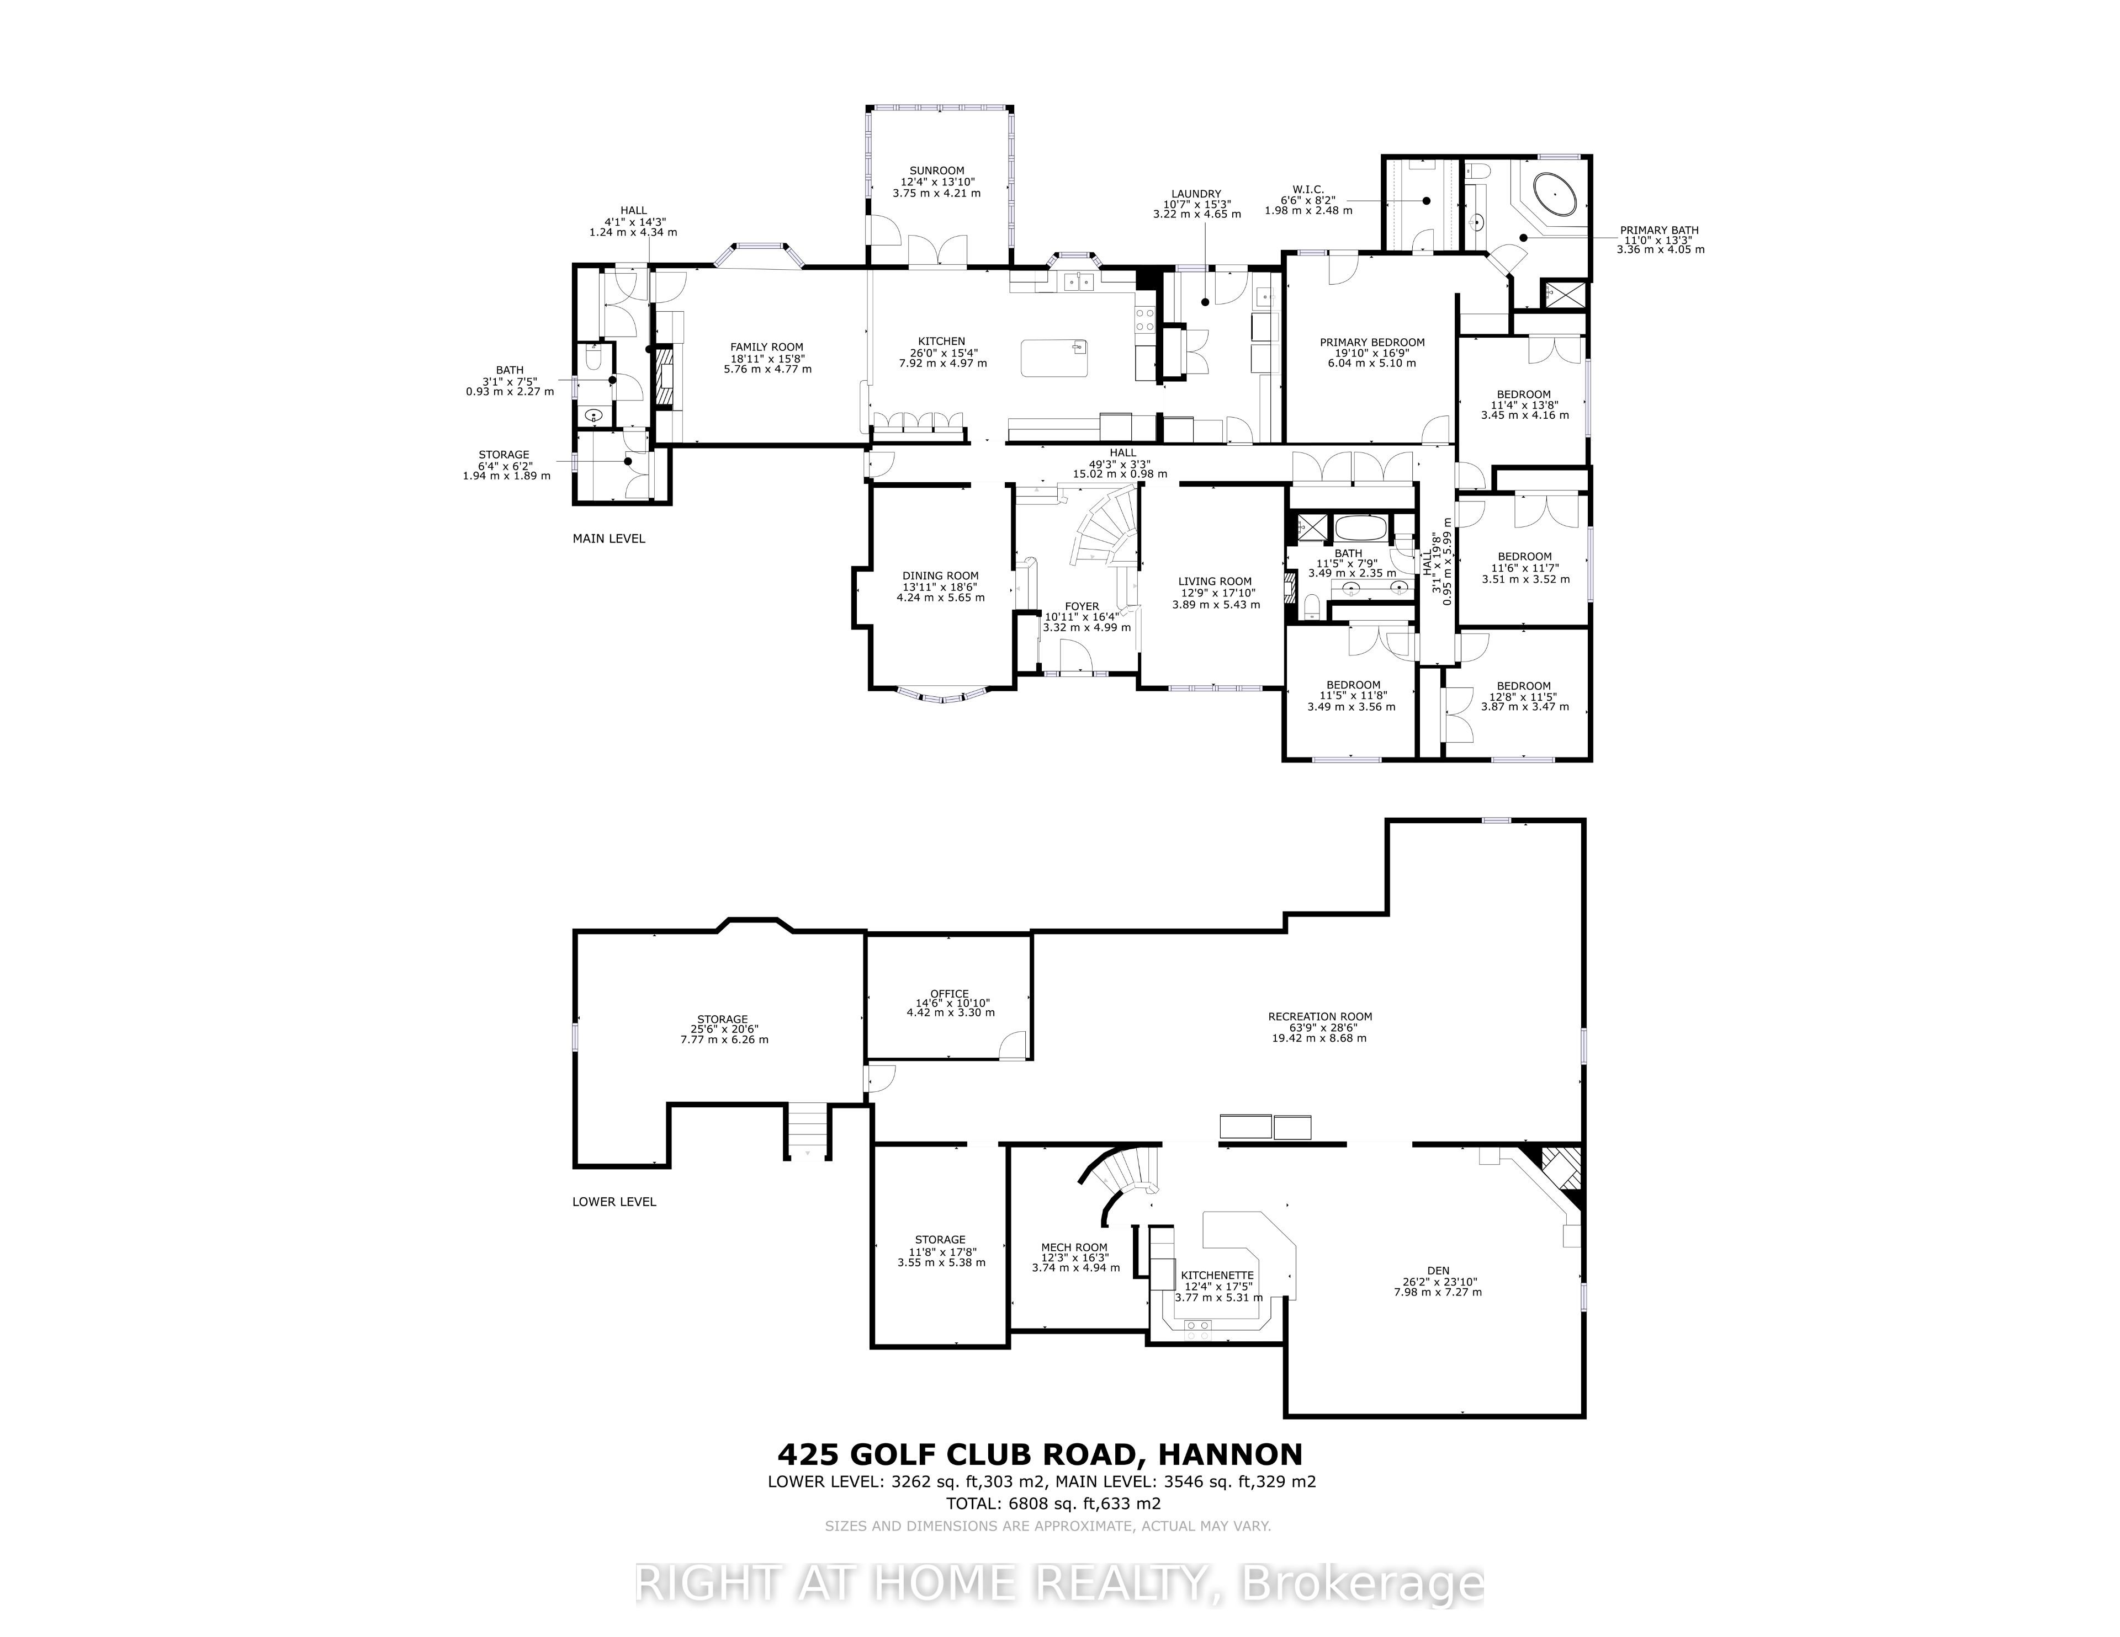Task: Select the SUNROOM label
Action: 937,171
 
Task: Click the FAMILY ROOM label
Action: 767,348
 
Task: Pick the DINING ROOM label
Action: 941,575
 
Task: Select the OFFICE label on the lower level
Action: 950,994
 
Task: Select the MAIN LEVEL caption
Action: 608,538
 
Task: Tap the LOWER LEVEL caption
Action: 614,1201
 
